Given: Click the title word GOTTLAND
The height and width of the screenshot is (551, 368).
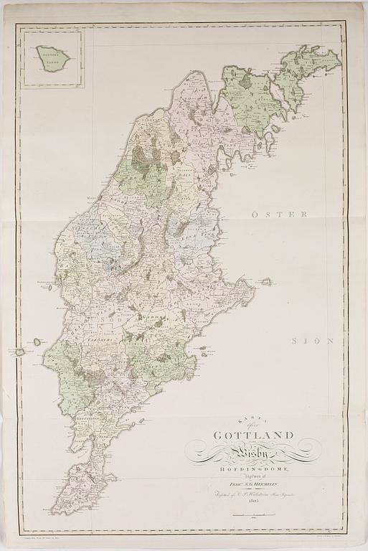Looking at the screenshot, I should click(x=253, y=435).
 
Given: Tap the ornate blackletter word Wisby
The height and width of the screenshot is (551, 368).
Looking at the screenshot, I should click(x=253, y=451).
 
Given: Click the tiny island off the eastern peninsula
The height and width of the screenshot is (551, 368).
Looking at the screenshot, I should click(x=266, y=282).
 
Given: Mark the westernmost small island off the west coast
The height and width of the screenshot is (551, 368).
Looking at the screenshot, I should click(x=19, y=352).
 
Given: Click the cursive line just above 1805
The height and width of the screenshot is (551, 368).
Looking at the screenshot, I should click(x=253, y=494).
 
